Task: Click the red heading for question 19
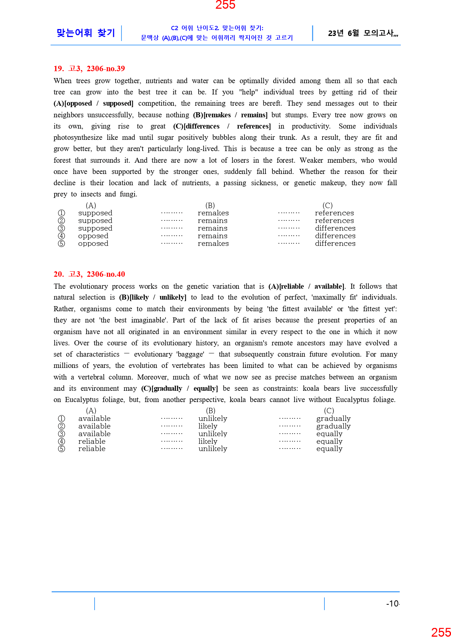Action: [89, 69]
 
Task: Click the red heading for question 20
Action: [89, 274]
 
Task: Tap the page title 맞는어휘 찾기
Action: [86, 33]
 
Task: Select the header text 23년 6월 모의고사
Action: [363, 33]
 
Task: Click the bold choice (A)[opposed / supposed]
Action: [93, 104]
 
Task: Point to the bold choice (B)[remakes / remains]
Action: [230, 115]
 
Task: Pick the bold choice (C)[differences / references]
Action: [222, 126]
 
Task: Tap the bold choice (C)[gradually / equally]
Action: [180, 389]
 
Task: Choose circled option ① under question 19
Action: [61, 213]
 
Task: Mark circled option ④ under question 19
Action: [61, 236]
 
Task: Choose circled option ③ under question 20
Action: [61, 434]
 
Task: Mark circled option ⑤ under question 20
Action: [61, 449]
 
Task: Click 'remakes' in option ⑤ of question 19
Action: [213, 244]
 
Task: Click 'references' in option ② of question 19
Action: [334, 221]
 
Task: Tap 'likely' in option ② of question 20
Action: [208, 426]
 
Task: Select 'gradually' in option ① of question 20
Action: [333, 419]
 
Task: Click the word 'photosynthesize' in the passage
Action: [78, 138]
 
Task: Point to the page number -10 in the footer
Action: [392, 604]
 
